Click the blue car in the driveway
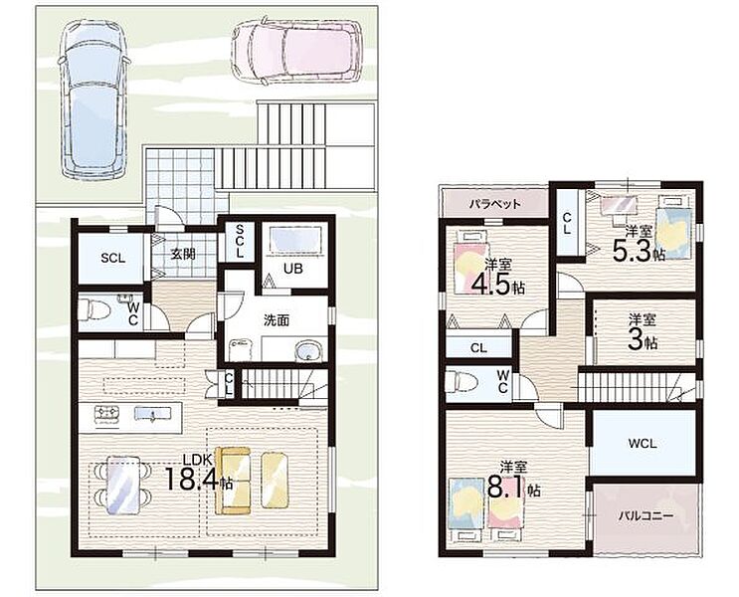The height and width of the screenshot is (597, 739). pos(93,99)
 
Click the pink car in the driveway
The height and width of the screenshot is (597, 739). pos(297,50)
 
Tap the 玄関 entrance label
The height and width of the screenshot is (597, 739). pos(182,254)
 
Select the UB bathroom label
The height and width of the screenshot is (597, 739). pos(293,268)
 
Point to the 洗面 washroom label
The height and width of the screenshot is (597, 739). pos(277,320)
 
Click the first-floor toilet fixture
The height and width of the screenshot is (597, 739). pos(94,311)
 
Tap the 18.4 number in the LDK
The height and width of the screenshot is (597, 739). pos(192,480)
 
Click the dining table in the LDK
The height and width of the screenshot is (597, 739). pos(122,486)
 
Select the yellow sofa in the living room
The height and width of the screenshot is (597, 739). pos(233,481)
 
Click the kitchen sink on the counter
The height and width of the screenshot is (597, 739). pos(152,414)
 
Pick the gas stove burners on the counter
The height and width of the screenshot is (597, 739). pos(107,414)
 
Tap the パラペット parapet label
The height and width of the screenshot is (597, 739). pos(495,204)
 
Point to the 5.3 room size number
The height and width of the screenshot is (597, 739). pos(633,251)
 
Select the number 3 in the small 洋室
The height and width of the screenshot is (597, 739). pos(636,341)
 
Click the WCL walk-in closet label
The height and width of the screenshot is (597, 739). pos(643,444)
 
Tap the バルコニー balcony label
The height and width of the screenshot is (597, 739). pos(647,515)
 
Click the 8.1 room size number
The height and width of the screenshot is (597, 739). pos(506,489)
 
